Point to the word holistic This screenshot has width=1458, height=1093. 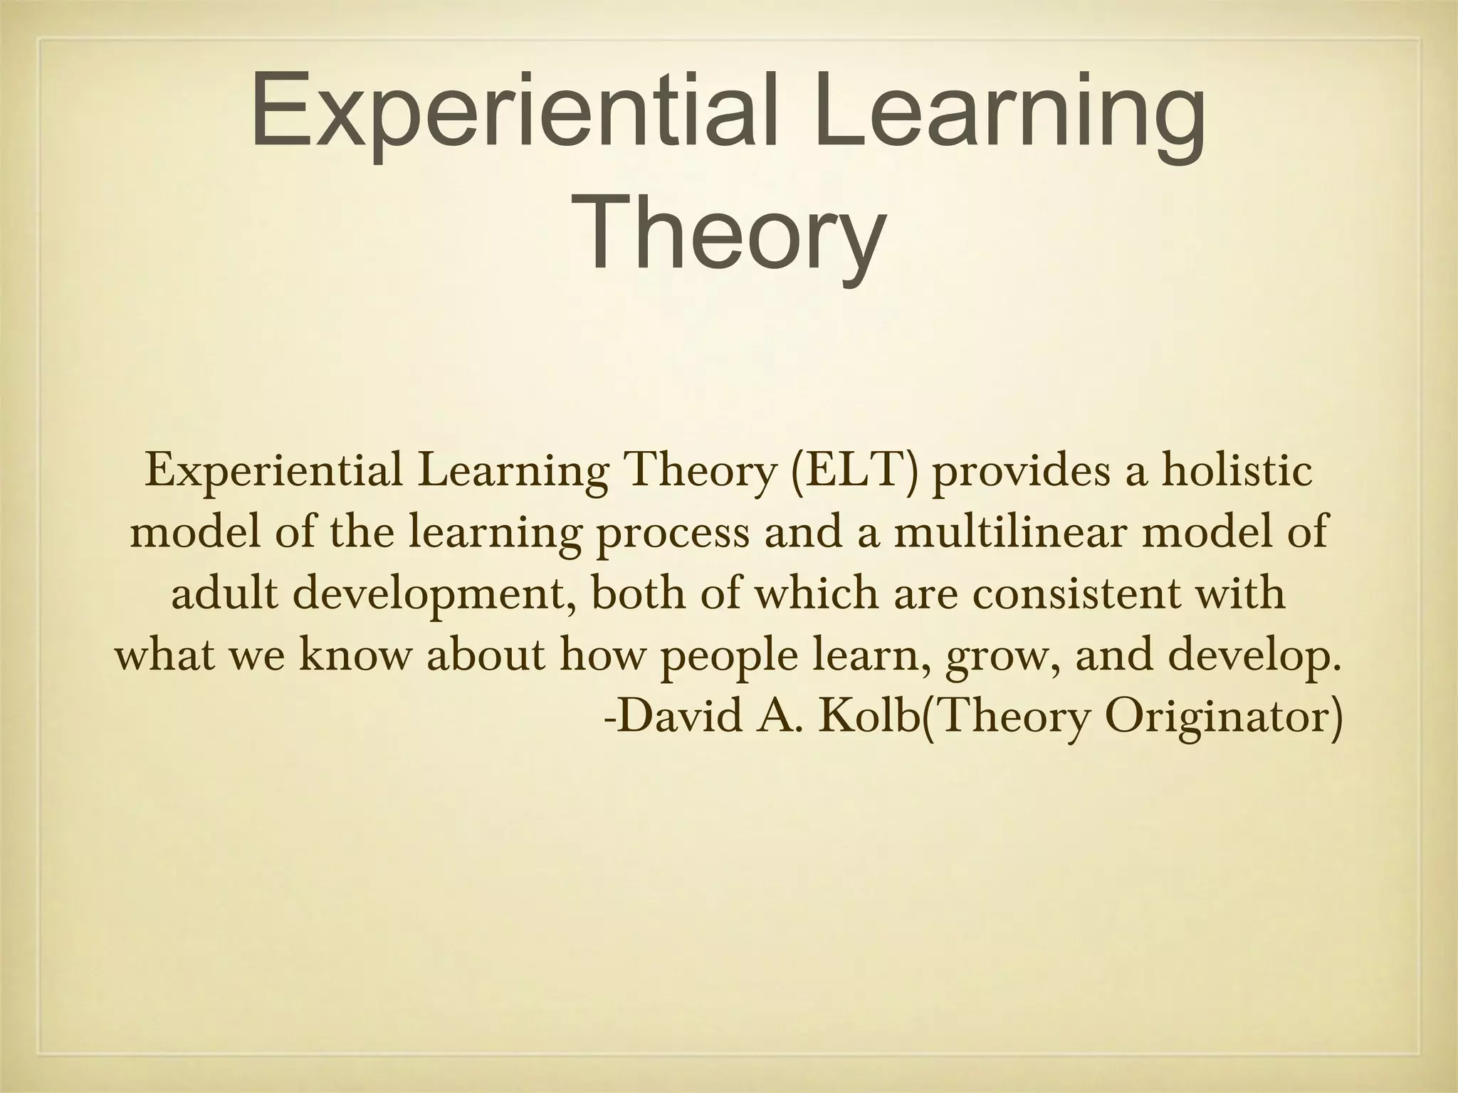1237,472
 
